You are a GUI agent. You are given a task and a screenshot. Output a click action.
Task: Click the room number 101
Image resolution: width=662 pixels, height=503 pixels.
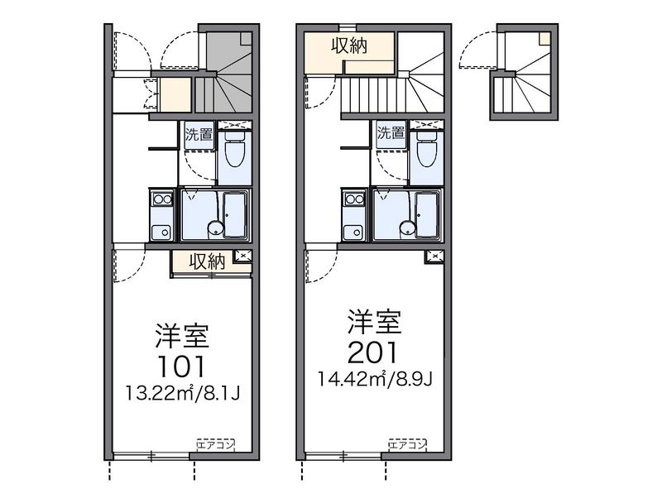pos(181,366)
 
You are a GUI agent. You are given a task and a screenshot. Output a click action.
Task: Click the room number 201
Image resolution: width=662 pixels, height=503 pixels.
pos(373,352)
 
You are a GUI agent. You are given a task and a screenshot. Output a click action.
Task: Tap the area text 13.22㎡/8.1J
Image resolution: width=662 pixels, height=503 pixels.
pos(182,393)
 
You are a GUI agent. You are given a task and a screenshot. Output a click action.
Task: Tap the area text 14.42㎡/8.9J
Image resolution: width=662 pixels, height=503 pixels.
pos(375,379)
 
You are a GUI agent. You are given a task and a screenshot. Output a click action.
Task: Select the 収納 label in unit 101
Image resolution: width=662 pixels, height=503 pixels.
pos(207,261)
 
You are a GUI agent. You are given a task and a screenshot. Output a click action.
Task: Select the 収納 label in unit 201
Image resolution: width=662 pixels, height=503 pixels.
pos(349,46)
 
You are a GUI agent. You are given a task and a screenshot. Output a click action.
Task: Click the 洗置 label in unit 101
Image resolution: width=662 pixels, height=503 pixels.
pos(199,134)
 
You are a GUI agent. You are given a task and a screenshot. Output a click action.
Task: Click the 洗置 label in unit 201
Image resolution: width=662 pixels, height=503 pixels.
pos(391,132)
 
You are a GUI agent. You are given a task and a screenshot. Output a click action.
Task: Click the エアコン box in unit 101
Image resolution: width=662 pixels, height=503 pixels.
pos(215,444)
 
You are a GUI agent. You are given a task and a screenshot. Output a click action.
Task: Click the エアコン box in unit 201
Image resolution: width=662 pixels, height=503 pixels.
pos(407,444)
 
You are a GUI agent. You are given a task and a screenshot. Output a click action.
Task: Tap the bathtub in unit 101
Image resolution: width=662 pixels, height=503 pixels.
pos(236,214)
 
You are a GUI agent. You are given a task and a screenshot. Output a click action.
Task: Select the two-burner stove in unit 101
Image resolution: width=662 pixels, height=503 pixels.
pos(161,199)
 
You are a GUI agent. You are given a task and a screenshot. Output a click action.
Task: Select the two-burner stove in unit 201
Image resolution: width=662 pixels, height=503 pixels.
pos(354,199)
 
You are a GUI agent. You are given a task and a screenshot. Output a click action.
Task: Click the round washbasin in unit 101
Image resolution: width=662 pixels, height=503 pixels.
pos(214,228)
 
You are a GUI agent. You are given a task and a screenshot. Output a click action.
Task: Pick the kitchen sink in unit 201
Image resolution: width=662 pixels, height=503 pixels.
pos(353,232)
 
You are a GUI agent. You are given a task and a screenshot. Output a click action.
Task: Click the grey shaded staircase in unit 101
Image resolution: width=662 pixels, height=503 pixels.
pos(224,73)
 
